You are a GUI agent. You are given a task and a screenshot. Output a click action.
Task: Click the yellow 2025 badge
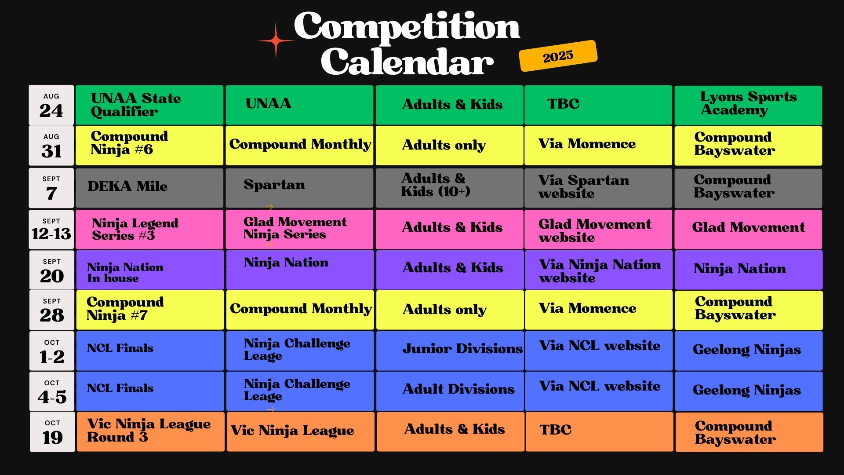[558, 56]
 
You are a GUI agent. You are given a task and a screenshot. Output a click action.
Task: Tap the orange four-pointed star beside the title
[276, 41]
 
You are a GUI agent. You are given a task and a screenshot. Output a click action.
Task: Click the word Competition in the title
[407, 26]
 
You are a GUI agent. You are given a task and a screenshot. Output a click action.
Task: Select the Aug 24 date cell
[51, 105]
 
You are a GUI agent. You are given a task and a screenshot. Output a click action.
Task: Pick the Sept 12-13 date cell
[51, 230]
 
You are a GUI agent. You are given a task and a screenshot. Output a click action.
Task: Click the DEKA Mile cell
[149, 188]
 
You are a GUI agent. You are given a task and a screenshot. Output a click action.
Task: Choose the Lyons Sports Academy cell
[748, 105]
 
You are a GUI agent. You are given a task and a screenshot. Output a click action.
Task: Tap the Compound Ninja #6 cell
[149, 146]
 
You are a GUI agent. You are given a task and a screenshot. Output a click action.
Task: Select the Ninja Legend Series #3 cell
[149, 230]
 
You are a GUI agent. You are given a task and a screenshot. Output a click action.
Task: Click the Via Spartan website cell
[598, 188]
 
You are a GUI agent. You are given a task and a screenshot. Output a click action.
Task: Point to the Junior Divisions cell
[450, 351]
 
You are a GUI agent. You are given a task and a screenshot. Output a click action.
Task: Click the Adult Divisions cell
[450, 391]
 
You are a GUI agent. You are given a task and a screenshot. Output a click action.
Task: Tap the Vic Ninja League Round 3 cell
[150, 431]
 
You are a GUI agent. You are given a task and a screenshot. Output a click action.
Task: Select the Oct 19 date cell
[52, 431]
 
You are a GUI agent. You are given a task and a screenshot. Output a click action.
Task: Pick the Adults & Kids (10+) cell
[449, 188]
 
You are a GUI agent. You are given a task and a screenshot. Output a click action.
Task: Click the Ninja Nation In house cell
[150, 270]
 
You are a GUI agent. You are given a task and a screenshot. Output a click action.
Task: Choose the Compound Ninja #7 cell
[150, 310]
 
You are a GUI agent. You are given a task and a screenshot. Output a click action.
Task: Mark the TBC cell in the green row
[598, 105]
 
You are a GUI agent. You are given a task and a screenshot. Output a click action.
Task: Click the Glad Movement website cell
[598, 230]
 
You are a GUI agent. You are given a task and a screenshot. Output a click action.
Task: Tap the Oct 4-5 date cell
[52, 391]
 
